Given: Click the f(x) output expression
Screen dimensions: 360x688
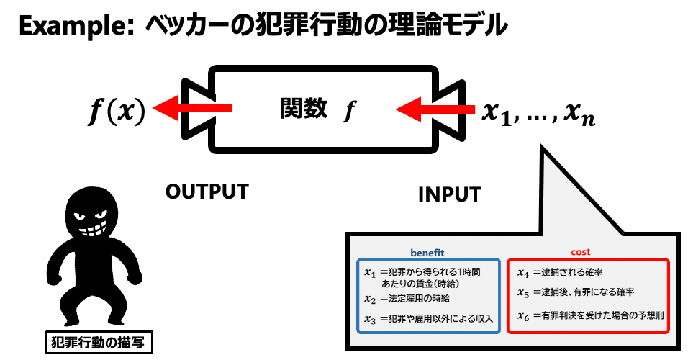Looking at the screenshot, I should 117,110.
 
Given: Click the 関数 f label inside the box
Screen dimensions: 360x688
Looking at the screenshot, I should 317,109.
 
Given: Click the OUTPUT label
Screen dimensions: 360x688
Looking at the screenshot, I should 207,192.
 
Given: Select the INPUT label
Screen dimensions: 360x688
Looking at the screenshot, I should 449,194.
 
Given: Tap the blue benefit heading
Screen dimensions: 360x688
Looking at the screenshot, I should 427,253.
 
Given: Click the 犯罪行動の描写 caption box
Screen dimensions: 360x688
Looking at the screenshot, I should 94,343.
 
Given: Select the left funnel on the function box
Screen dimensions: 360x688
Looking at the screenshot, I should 196,109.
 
